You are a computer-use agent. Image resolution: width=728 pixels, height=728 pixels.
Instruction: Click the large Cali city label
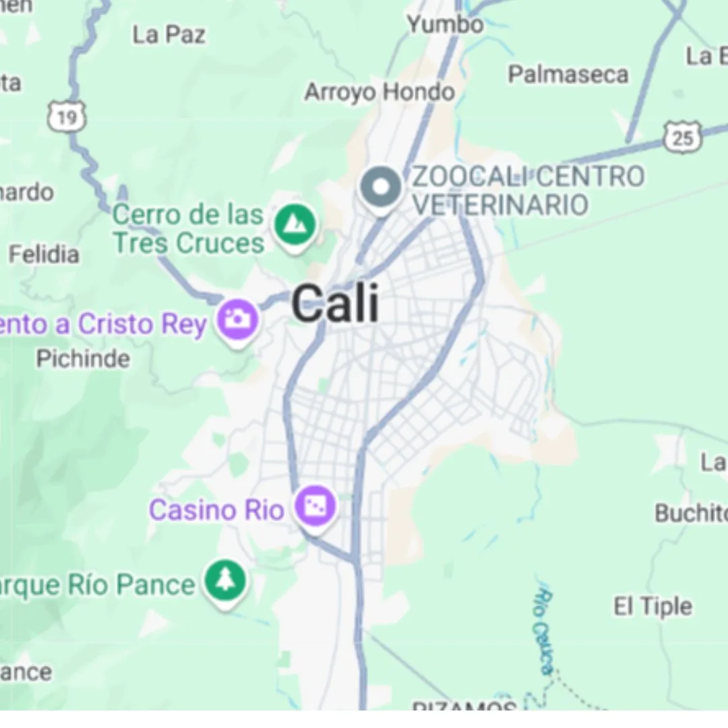[x=335, y=303]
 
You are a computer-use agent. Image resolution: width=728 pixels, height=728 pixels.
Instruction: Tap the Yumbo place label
[x=445, y=25]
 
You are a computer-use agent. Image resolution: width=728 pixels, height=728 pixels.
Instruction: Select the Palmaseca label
[x=568, y=74]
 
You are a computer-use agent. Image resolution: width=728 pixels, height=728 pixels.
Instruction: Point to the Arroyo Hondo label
[x=380, y=92]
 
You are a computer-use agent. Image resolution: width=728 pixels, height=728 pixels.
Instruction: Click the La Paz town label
[x=169, y=34]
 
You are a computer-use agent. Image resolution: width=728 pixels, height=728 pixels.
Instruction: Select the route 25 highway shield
[x=682, y=138]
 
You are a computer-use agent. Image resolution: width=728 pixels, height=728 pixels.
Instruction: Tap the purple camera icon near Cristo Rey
[x=237, y=320]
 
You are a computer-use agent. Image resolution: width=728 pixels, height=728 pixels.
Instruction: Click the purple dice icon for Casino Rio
[x=315, y=507]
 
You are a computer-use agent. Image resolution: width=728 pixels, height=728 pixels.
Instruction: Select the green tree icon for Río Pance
[x=225, y=581]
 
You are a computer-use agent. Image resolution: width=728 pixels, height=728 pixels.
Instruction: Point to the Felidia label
[x=44, y=254]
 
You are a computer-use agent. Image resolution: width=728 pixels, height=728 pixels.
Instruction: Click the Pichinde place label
[x=83, y=359]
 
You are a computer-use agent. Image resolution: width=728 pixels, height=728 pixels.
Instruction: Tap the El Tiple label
[x=653, y=607]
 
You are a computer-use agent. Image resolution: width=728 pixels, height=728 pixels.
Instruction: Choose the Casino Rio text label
[x=216, y=510]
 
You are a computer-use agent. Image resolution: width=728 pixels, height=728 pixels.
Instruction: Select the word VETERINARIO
[x=500, y=205]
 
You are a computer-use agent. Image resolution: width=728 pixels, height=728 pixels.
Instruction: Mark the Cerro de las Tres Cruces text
[x=188, y=229]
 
